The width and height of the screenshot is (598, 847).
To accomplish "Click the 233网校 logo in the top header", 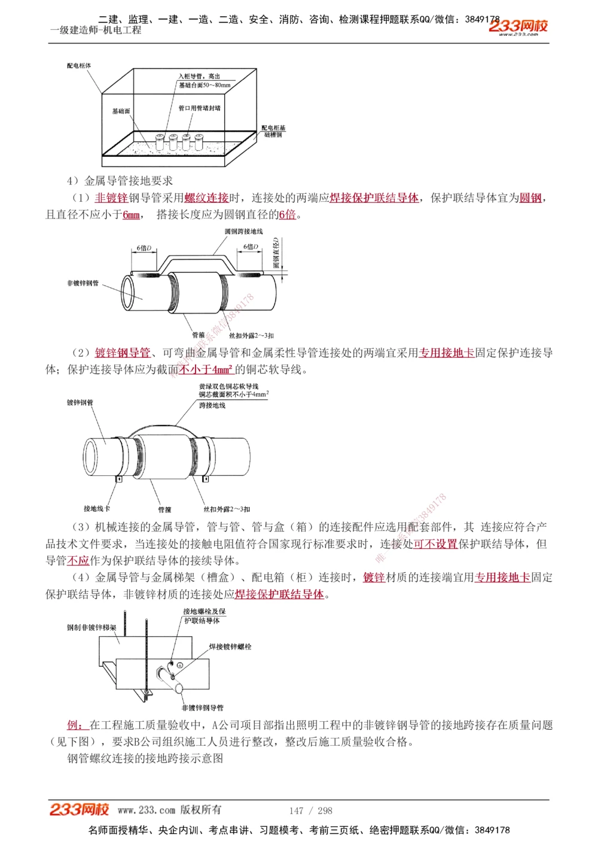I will click(518, 26).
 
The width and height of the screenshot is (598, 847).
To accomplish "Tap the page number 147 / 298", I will click(310, 810).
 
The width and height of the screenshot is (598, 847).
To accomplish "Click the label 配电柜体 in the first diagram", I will click(79, 66).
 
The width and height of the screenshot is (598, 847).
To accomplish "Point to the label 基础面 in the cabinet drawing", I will click(121, 111).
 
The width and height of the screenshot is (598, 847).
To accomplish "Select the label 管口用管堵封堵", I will click(199, 108).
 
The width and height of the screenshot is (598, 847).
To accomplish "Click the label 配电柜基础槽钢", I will click(273, 131).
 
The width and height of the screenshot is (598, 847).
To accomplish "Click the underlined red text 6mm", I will click(131, 215).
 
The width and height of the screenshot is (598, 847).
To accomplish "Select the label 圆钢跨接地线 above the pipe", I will click(243, 232).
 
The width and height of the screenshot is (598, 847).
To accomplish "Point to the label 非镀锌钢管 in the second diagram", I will click(83, 283).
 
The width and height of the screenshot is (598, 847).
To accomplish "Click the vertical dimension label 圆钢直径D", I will click(276, 253).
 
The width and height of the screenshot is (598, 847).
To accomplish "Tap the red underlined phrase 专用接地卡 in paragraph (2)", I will click(446, 353).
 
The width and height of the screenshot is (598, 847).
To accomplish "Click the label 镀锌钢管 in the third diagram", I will click(80, 403).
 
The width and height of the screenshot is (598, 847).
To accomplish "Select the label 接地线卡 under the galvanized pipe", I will click(96, 509).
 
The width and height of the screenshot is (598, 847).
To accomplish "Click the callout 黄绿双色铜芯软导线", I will click(228, 387).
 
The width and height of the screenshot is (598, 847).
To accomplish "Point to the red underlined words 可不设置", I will click(435, 544).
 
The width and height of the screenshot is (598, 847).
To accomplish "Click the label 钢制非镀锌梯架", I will click(91, 628).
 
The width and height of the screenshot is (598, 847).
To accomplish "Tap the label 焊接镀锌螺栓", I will click(230, 647).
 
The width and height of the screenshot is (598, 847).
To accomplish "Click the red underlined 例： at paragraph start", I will click(77, 725).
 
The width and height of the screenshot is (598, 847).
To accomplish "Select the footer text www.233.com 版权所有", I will click(169, 810).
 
